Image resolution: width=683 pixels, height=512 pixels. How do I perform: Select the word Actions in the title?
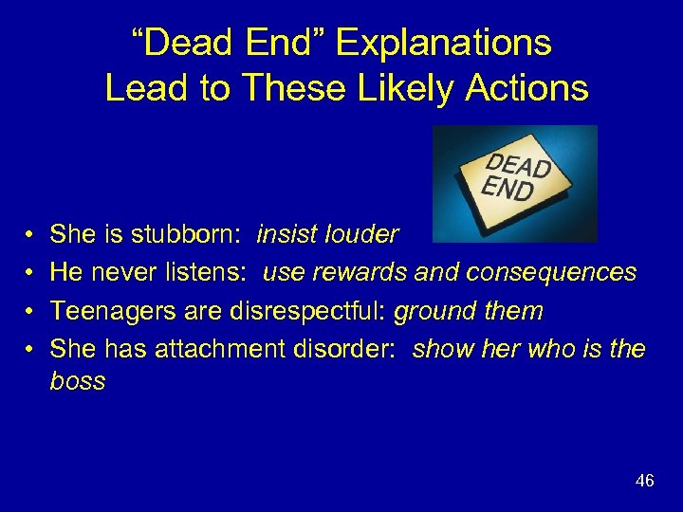514,88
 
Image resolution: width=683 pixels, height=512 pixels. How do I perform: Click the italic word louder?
364,234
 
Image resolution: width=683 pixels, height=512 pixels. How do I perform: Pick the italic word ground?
430,312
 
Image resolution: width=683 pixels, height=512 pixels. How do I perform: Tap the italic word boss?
78,382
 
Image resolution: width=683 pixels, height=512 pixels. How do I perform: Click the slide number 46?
644,482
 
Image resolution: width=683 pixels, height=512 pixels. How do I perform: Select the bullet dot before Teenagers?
30,312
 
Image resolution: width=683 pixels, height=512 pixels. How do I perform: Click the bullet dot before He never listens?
30,273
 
